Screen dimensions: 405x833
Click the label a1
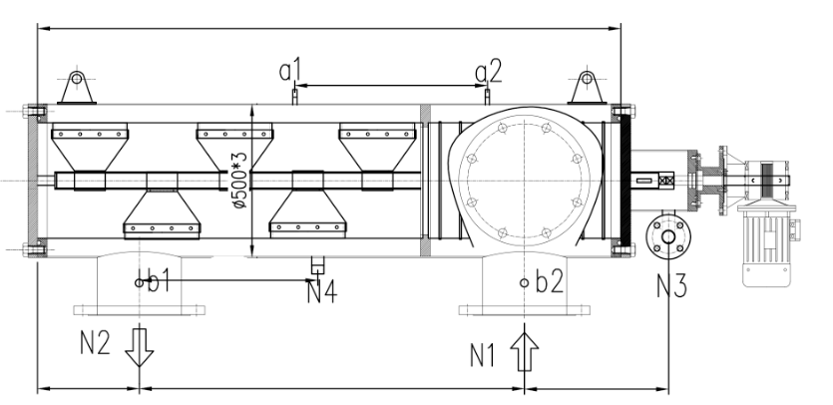pyautogui.click(x=289, y=71)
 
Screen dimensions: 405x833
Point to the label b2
pyautogui.click(x=548, y=281)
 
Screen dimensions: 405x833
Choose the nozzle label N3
pyautogui.click(x=671, y=288)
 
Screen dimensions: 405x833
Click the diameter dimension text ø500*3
pyautogui.click(x=238, y=180)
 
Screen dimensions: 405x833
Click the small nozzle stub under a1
pyautogui.click(x=291, y=95)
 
